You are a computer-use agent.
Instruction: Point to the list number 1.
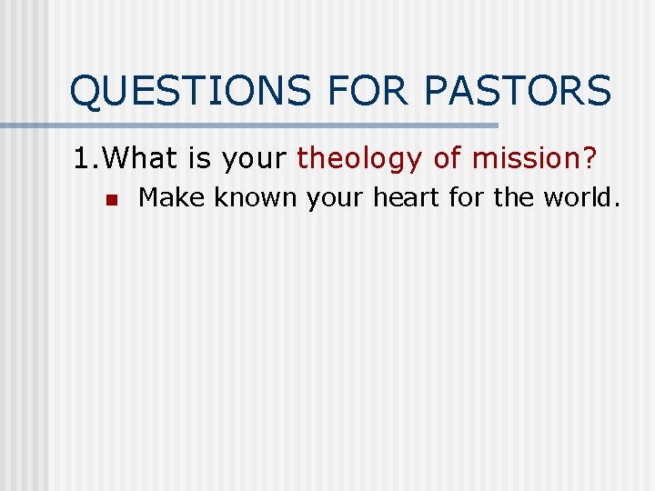pos(83,159)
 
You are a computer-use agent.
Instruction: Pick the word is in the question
pos(200,159)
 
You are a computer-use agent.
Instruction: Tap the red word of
pos(447,159)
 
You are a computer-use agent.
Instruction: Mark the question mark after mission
pos(589,159)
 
